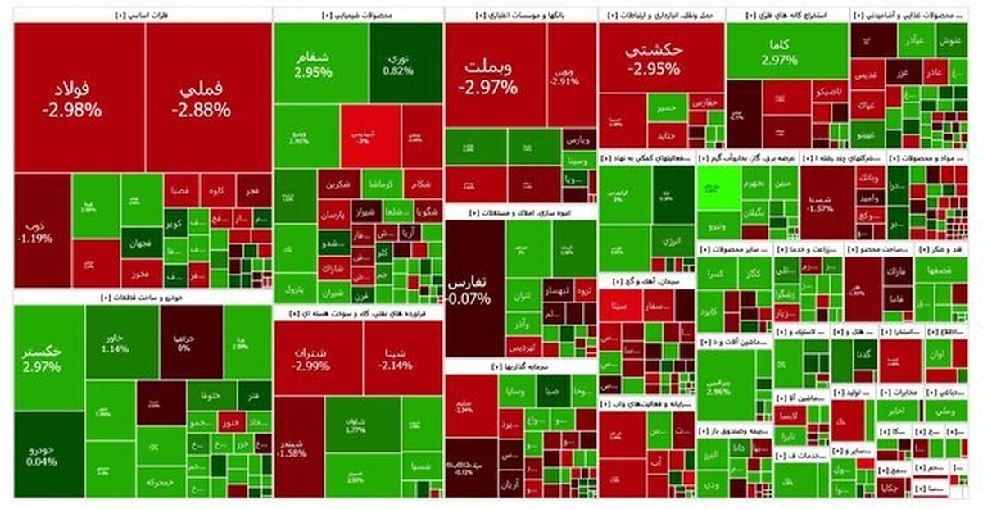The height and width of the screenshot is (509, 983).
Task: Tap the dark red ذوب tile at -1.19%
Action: (42, 230)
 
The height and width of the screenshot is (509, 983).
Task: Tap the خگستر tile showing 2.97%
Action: (48, 358)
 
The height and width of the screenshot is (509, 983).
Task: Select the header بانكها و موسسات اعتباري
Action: (520, 14)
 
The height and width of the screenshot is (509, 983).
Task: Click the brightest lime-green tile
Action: (718, 188)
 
